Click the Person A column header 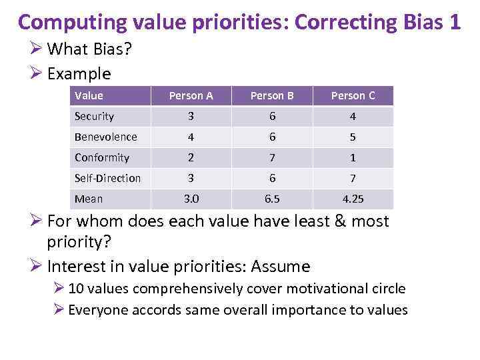(x=191, y=95)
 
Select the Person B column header (x=272, y=95)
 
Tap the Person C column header (x=353, y=95)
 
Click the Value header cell (x=89, y=95)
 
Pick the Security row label (x=94, y=116)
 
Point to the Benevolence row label (x=105, y=137)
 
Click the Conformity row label (x=101, y=157)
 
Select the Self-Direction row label (x=107, y=178)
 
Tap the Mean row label (x=89, y=199)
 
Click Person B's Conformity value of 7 (x=272, y=157)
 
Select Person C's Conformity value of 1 (x=353, y=157)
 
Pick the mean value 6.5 (x=272, y=199)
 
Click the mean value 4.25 (x=353, y=199)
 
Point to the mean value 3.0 (x=191, y=199)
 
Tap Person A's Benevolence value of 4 (x=191, y=137)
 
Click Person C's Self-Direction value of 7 (x=353, y=178)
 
